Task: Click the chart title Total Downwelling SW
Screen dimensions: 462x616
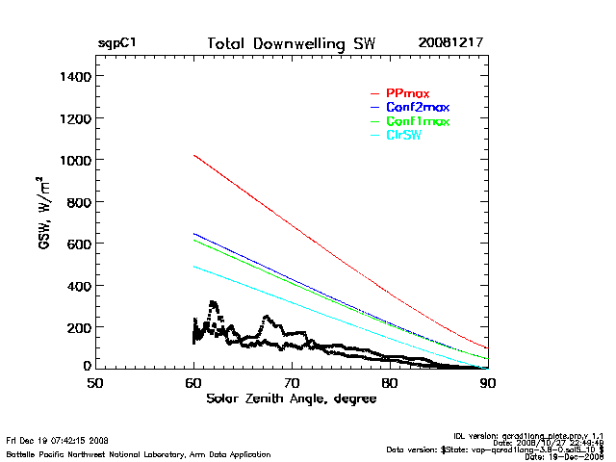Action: coord(292,44)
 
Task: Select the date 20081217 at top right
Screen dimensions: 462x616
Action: coord(450,44)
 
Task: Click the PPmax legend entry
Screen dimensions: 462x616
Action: coord(405,92)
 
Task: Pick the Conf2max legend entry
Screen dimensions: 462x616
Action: coord(417,107)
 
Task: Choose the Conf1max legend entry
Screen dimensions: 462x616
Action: coord(417,121)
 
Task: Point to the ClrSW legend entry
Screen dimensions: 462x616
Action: coord(403,136)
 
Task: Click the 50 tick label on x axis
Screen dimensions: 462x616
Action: coord(95,383)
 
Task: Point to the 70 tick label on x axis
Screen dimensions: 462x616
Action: coord(292,383)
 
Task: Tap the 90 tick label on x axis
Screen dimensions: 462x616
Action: coord(488,383)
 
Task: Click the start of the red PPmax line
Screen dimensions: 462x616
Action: coord(194,155)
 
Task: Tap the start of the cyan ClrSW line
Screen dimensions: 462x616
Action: coord(194,267)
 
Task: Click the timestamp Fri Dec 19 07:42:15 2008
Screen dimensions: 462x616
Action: coord(58,441)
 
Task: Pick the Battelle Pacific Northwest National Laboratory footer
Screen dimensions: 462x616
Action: coord(139,453)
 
